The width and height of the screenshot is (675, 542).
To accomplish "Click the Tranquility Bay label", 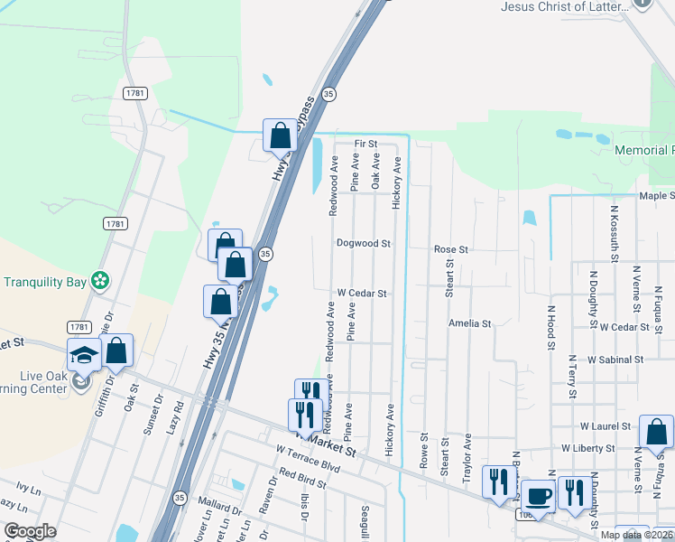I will point(43,282).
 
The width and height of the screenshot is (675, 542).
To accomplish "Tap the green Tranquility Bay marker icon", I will point(101,282).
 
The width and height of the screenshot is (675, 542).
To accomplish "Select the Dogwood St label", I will point(363,244).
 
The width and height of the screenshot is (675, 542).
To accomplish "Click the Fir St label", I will point(365,144).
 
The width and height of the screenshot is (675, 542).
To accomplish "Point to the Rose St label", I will point(451,249).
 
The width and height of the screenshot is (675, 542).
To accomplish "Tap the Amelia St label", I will point(469,322).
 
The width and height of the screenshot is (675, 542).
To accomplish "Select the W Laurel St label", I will point(607,425).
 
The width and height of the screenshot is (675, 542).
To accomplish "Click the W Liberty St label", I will point(587,447).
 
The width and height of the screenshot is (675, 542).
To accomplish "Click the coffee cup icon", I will point(539,497).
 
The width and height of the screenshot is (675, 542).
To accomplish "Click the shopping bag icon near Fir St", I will point(280,135).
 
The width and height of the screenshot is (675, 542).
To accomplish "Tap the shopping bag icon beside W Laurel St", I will point(656,433).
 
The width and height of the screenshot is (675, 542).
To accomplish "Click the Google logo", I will point(31,531).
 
